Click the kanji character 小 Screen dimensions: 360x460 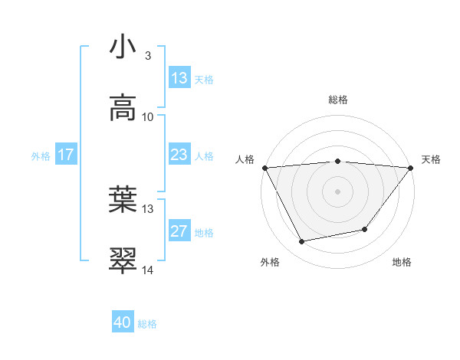(123, 47)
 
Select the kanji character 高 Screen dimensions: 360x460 (123, 108)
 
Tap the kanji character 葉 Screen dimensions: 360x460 (123, 200)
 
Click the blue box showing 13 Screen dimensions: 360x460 (179, 78)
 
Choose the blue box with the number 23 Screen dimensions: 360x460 (179, 155)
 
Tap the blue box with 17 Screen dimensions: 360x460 (66, 155)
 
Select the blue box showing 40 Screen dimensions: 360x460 (123, 323)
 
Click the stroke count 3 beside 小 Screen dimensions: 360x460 (147, 55)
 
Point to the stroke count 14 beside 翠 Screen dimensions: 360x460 (147, 270)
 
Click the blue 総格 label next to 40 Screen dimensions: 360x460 (147, 324)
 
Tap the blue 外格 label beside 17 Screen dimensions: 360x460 (41, 155)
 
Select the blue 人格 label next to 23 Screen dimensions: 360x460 (204, 155)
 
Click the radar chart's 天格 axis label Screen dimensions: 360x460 (431, 159)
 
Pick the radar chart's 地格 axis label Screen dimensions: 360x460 (402, 262)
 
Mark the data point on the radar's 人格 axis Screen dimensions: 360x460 (265, 167)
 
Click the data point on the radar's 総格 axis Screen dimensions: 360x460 (337, 161)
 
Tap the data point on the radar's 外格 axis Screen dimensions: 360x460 (302, 242)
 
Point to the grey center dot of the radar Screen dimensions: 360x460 (337, 191)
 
